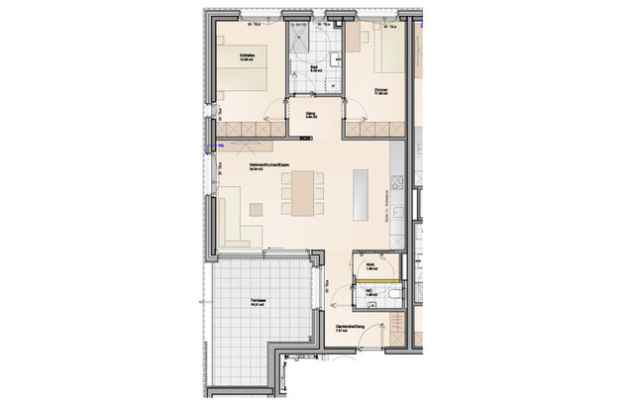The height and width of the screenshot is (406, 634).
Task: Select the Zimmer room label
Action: tap(380, 90)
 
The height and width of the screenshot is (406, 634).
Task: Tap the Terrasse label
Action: tap(261, 304)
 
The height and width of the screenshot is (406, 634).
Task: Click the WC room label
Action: tap(372, 293)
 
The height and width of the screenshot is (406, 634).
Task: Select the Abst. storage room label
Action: tap(371, 265)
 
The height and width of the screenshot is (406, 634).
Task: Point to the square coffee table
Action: tap(257, 208)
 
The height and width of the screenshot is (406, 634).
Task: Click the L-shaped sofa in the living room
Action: tap(239, 223)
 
